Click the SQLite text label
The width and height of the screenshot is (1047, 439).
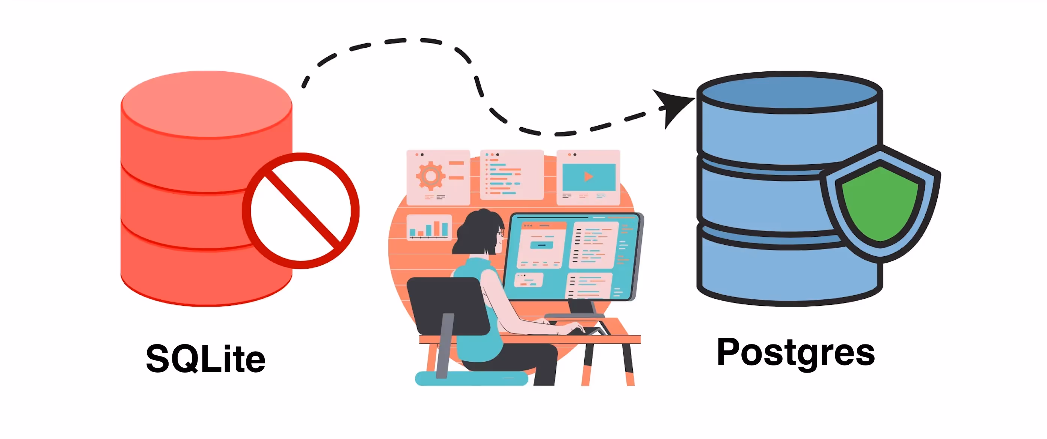click(x=206, y=359)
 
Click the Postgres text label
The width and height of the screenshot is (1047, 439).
click(x=795, y=352)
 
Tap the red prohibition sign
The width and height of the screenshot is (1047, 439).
click(x=301, y=210)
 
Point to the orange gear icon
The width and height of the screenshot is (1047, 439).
click(x=430, y=176)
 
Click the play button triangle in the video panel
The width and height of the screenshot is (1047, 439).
click(x=588, y=177)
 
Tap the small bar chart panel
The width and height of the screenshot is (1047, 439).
click(x=429, y=228)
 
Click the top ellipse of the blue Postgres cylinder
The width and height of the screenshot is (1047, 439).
click(x=789, y=92)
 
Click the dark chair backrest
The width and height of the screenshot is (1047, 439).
click(x=447, y=305)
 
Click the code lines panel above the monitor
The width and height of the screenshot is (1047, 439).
click(x=511, y=175)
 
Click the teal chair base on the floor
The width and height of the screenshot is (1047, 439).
click(x=471, y=379)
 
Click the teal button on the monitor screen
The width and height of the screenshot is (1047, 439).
click(x=542, y=245)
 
